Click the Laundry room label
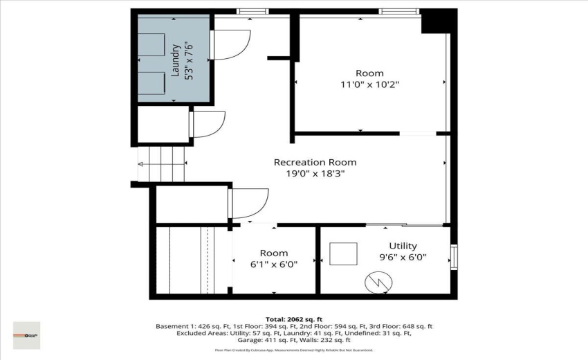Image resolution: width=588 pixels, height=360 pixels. click(x=176, y=60)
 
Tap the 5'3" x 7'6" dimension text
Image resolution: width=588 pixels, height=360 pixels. click(x=187, y=60)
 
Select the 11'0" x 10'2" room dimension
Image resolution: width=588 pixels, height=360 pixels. click(x=369, y=84)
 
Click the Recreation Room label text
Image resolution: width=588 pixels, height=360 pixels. click(x=315, y=163)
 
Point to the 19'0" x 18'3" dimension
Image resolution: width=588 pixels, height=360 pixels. click(x=315, y=174)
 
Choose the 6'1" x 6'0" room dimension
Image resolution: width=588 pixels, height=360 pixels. click(x=274, y=264)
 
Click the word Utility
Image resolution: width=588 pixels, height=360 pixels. click(x=402, y=246)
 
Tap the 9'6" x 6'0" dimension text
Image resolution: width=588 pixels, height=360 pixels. click(x=403, y=257)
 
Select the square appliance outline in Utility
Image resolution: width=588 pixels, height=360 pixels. click(x=343, y=254)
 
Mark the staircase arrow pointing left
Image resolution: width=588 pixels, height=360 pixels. click(x=142, y=164)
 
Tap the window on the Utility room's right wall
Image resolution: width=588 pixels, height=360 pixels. click(x=454, y=256)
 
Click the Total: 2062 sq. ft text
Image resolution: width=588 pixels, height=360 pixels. click(x=293, y=319)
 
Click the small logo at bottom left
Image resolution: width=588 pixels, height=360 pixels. click(x=26, y=335)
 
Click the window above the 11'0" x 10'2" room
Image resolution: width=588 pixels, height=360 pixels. click(x=398, y=11)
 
